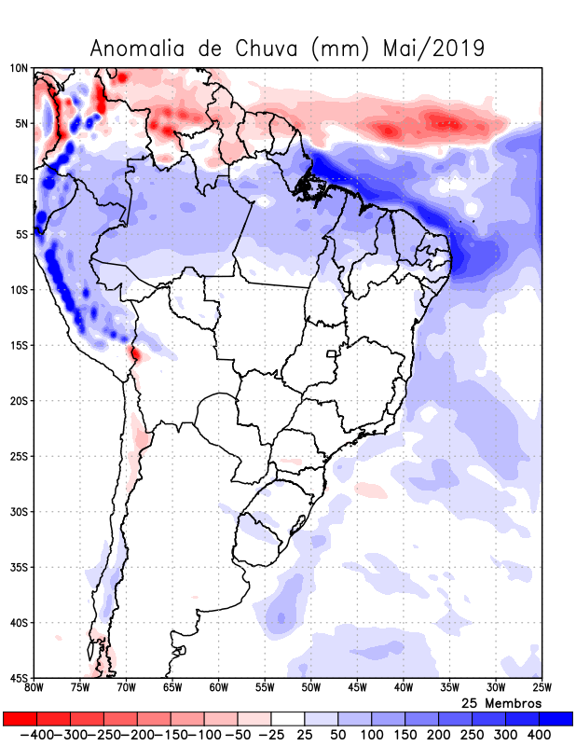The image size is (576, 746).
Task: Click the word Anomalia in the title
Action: coord(137,48)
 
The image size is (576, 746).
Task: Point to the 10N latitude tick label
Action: coord(19,68)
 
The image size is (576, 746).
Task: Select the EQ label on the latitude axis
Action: coord(21,179)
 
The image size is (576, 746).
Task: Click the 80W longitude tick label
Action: coord(34,688)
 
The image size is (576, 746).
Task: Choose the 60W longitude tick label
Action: coord(218,688)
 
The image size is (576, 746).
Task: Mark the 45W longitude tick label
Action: coord(356,688)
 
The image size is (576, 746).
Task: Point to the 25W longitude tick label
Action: coord(540,688)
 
